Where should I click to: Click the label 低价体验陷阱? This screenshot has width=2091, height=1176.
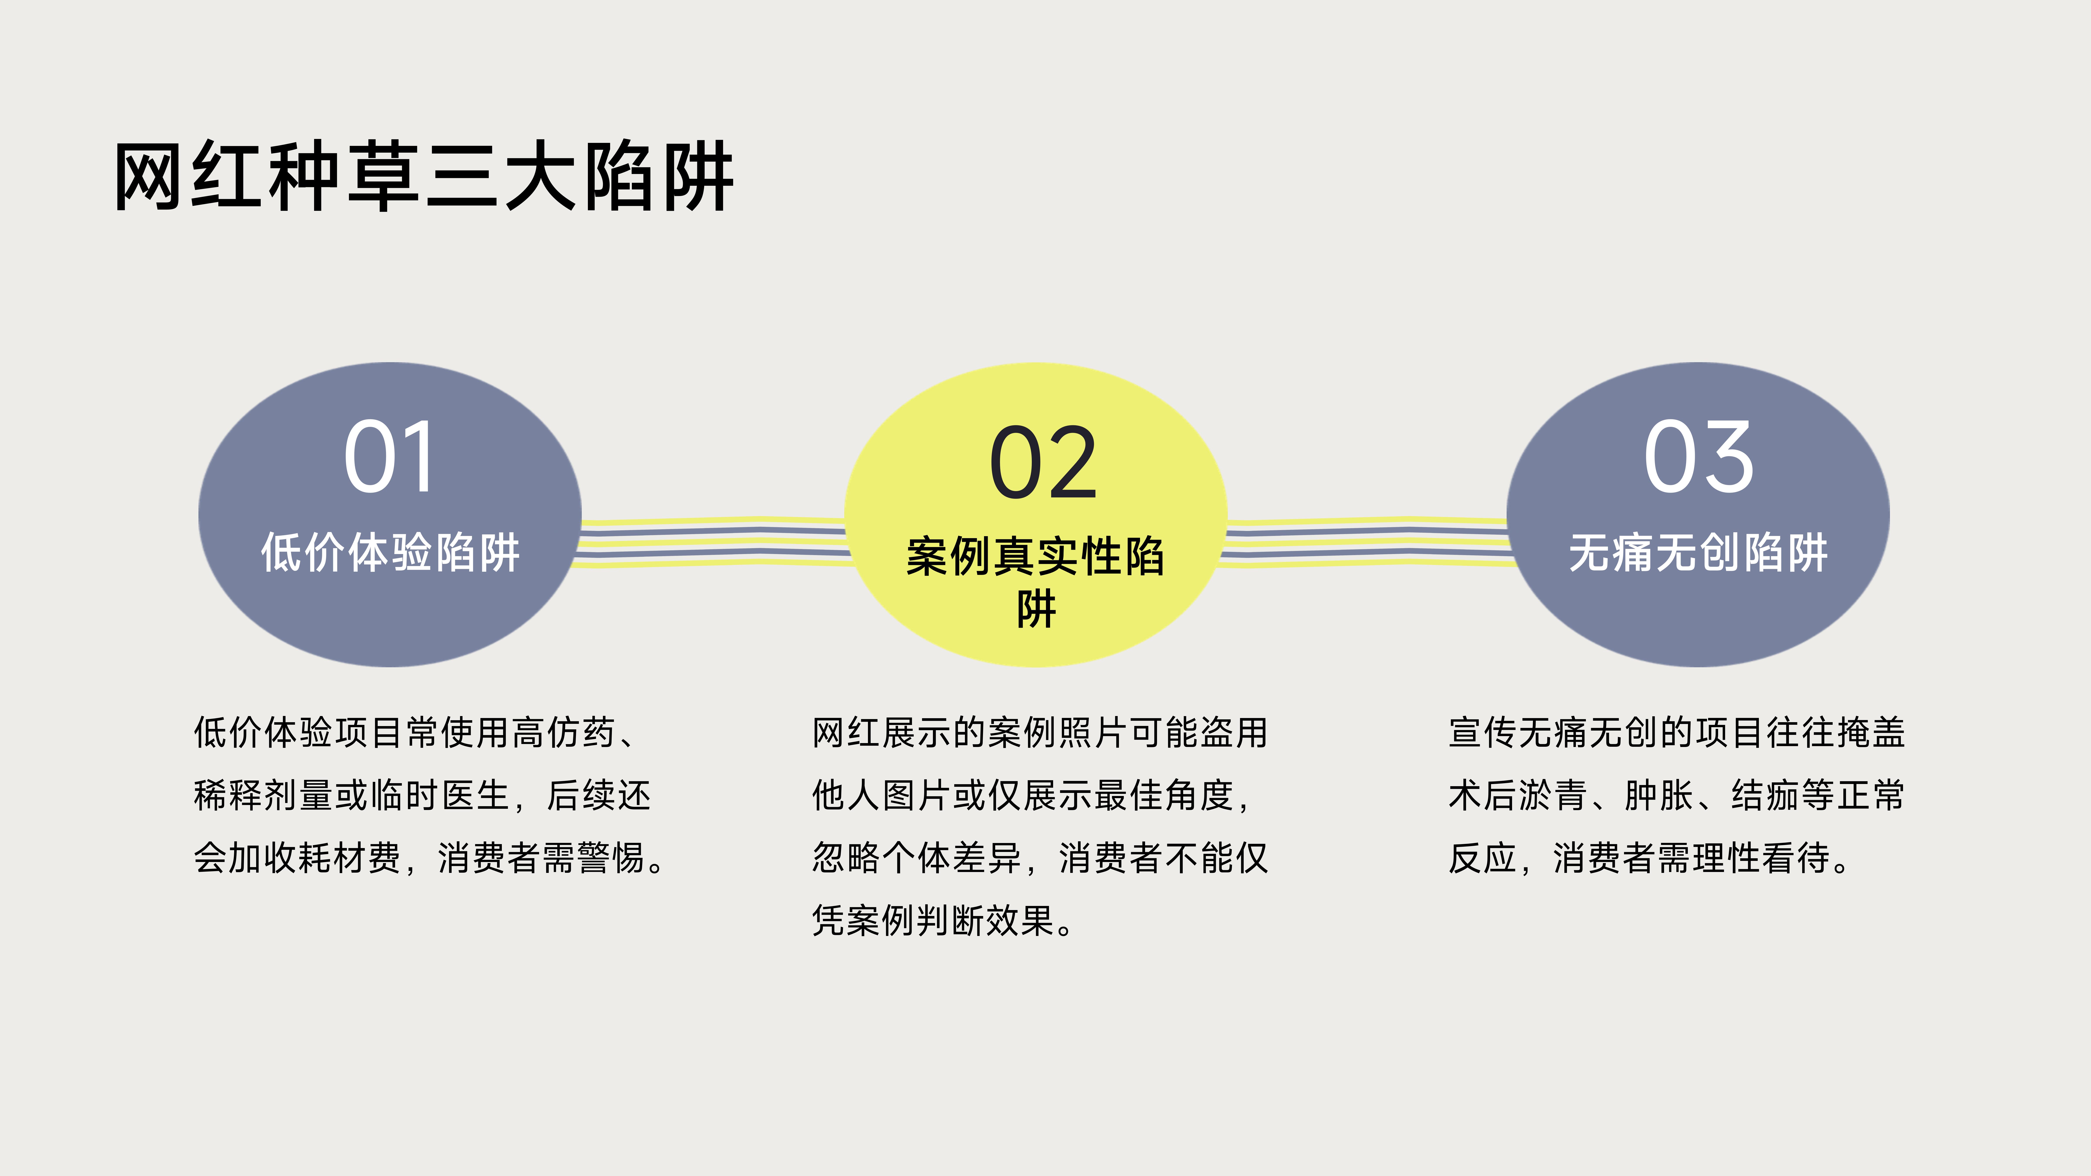390,553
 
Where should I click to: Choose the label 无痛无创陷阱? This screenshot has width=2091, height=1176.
1698,553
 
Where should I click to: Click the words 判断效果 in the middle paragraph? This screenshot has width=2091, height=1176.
988,920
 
